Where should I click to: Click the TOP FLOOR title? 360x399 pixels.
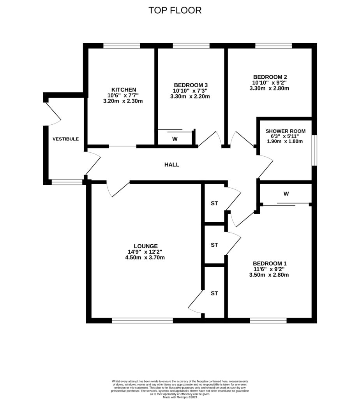coord(175,11)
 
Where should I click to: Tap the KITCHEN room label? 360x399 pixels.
coord(124,89)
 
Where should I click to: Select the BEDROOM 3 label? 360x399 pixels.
coord(191,85)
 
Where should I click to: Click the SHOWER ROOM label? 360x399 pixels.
coord(286,131)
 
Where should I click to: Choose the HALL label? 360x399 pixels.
coord(172,165)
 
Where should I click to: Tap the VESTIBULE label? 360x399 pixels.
coord(66,139)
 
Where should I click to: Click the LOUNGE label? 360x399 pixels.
coord(146,246)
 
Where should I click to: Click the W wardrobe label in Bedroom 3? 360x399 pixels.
coord(175,139)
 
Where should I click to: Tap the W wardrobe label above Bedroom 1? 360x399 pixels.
coord(286,193)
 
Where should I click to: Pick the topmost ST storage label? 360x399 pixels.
coord(214,203)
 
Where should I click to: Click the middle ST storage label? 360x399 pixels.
coord(214,245)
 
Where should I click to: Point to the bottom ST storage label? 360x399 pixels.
coord(214,293)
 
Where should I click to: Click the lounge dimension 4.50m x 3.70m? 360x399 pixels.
coord(146,258)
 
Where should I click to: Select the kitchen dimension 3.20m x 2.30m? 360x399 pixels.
coord(124,101)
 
